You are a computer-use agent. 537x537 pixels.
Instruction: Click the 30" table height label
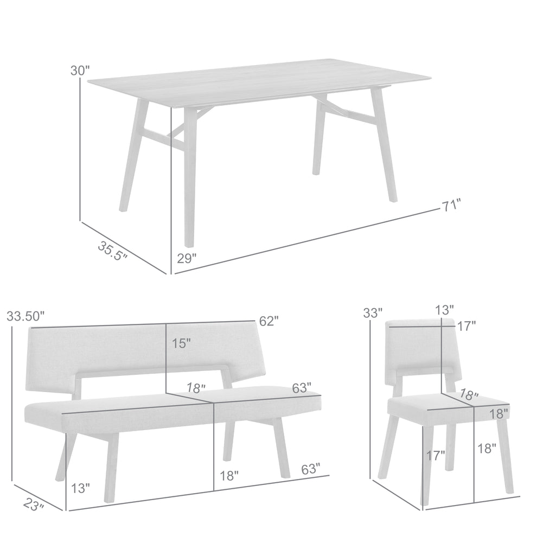pyautogui.click(x=80, y=71)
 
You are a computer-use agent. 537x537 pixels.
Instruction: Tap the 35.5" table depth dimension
pyautogui.click(x=112, y=251)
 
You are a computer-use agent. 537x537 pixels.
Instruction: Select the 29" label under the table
pyautogui.click(x=187, y=258)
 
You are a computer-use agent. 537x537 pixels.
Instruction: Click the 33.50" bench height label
pyautogui.click(x=25, y=316)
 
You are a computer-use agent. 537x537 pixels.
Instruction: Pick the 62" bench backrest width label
pyautogui.click(x=269, y=321)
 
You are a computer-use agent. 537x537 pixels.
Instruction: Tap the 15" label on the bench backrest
pyautogui.click(x=181, y=343)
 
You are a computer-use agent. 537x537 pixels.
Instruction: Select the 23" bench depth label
pyautogui.click(x=34, y=504)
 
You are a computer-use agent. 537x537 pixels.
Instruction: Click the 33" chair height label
pyautogui.click(x=373, y=312)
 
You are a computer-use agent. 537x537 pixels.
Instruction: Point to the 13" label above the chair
pyautogui.click(x=445, y=310)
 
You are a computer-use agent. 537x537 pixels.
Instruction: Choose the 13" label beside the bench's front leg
pyautogui.click(x=80, y=488)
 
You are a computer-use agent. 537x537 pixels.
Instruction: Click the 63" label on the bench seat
pyautogui.click(x=302, y=388)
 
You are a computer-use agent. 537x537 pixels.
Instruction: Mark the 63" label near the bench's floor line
pyautogui.click(x=311, y=469)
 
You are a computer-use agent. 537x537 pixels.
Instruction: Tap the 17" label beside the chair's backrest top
pyautogui.click(x=466, y=326)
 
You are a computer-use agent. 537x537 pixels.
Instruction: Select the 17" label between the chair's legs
pyautogui.click(x=436, y=456)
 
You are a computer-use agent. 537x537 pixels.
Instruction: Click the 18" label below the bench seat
pyautogui.click(x=229, y=475)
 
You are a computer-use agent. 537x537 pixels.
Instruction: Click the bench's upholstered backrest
pyautogui.click(x=144, y=349)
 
